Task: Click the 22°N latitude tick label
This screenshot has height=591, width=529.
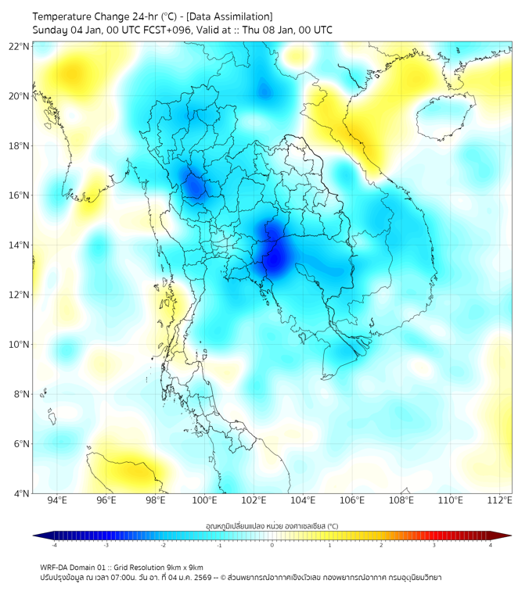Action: click(20, 46)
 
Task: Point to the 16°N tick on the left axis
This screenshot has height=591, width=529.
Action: click(20, 195)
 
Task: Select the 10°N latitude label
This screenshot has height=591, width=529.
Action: click(20, 345)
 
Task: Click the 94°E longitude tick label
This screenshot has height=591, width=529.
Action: click(57, 501)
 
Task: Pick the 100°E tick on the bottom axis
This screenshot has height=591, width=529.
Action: click(205, 501)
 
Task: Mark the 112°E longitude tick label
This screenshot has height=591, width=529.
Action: click(499, 501)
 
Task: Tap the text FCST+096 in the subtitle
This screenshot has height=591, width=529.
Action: click(163, 30)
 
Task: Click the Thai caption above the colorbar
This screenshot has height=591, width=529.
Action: click(272, 526)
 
